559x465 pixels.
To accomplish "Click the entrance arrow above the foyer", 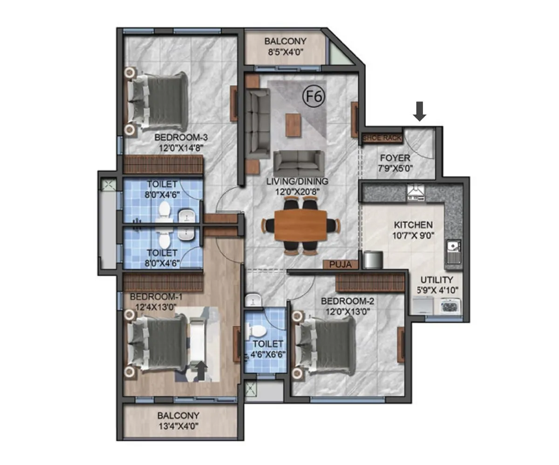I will pyautogui.click(x=420, y=112).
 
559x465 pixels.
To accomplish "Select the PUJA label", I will pyautogui.click(x=341, y=265).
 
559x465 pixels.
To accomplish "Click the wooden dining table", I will pyautogui.click(x=301, y=225).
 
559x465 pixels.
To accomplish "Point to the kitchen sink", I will pyautogui.click(x=452, y=252).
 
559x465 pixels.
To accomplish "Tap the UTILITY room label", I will pyautogui.click(x=436, y=280).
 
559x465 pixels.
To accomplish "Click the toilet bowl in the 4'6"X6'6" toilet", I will pyautogui.click(x=257, y=331).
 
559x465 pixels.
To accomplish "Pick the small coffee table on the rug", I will pyautogui.click(x=293, y=125).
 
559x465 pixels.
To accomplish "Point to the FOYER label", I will pyautogui.click(x=395, y=158).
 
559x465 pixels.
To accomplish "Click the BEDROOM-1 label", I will pyautogui.click(x=150, y=297).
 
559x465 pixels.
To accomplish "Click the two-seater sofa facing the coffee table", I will pyautogui.click(x=299, y=161).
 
